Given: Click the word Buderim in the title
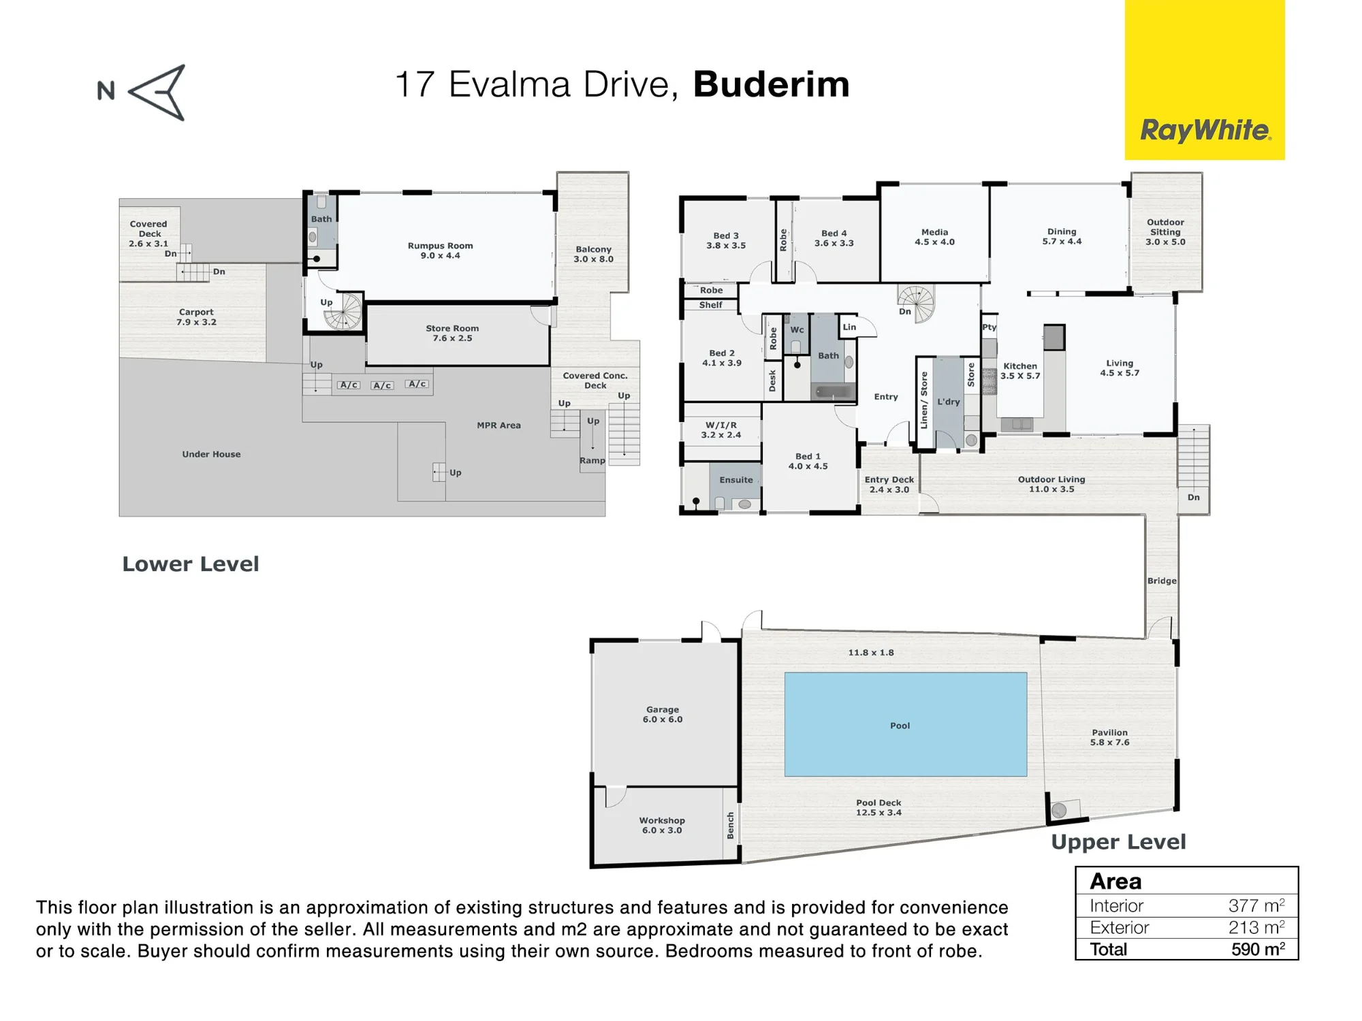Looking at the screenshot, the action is [772, 84].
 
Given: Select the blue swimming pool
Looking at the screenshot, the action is [906, 724].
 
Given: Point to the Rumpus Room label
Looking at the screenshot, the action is [440, 246].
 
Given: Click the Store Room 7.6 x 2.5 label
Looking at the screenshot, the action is [452, 333].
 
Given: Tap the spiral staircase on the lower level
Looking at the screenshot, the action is [343, 312].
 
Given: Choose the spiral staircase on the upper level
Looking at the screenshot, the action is [917, 303].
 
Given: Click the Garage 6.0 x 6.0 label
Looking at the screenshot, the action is [663, 714].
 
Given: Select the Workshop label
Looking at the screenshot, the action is [662, 820].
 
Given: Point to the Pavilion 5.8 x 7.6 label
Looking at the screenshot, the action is [1110, 737].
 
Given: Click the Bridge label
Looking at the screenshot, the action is [1162, 581].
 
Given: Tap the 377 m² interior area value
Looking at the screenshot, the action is [1256, 905].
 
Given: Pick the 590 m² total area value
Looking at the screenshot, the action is [1258, 949].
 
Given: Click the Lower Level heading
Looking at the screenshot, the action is [191, 564].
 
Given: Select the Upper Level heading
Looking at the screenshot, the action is [1118, 842].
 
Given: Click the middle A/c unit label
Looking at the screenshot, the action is [382, 385].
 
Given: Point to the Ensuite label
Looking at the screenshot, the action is [736, 480].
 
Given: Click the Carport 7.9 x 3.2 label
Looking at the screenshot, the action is [196, 317].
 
